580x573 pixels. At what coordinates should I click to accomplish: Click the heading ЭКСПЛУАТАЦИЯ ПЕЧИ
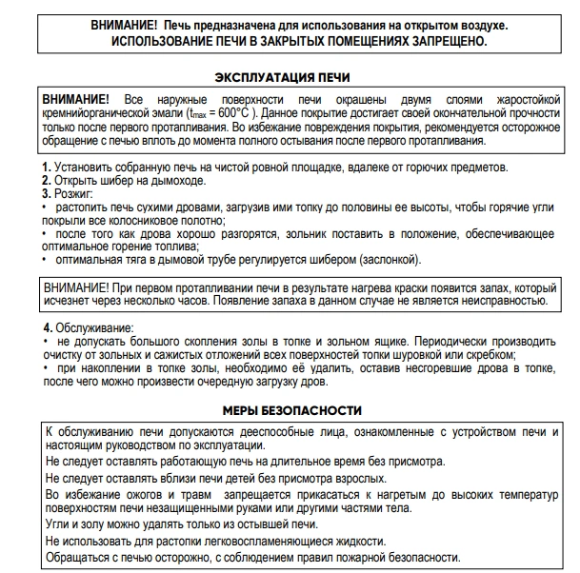[288, 77]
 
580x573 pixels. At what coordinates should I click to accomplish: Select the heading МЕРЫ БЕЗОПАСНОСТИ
[288, 410]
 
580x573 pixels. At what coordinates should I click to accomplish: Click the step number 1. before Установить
[47, 168]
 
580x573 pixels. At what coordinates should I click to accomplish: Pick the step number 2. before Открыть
[47, 181]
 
